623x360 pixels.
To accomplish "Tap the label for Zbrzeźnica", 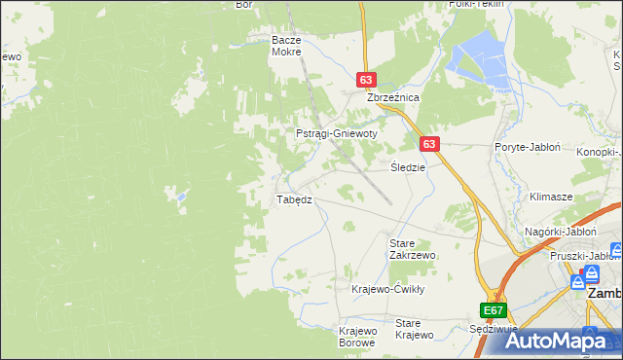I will click(392, 98).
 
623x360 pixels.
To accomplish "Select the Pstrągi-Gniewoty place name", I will click(336, 133).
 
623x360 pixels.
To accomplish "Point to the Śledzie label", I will click(408, 166).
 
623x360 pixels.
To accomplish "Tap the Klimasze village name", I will click(550, 196).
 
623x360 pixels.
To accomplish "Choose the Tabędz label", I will click(294, 199).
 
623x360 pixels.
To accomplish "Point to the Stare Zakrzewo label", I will click(412, 248).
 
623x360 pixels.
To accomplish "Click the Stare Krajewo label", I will click(414, 329).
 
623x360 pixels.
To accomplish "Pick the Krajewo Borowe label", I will click(357, 337).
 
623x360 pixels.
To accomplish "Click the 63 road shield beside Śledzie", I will click(431, 143).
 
